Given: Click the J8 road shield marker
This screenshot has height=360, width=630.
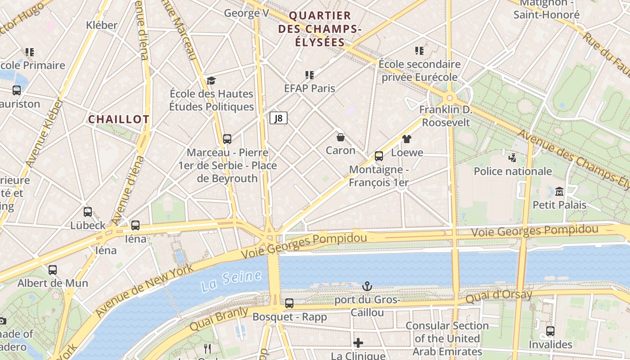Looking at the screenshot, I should (x=279, y=118).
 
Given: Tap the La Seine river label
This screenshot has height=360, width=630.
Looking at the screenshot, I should (x=231, y=280).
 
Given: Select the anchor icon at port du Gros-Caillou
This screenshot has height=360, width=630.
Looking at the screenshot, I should (x=367, y=286).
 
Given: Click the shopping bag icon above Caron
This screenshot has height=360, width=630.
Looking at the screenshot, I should (x=341, y=137).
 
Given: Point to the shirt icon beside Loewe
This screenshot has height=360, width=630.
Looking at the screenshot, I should (x=407, y=139).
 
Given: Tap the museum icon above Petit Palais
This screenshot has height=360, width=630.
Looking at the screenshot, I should (x=559, y=191).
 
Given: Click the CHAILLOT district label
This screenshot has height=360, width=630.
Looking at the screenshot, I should (x=119, y=119).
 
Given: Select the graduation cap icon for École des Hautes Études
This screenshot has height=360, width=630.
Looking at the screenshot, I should (x=211, y=81).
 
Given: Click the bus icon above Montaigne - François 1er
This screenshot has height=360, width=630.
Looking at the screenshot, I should (x=379, y=156).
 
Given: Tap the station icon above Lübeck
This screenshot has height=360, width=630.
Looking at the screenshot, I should (x=88, y=211).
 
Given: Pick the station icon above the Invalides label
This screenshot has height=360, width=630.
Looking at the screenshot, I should (x=550, y=331).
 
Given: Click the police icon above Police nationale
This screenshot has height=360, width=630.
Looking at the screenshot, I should (x=512, y=157).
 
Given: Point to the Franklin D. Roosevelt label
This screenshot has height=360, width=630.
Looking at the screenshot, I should (x=445, y=116).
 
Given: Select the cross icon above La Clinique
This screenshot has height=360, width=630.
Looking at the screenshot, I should (x=358, y=343).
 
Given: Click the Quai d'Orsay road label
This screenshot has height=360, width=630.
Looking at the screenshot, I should (x=499, y=297).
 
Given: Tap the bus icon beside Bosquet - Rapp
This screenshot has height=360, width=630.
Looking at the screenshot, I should (x=289, y=303).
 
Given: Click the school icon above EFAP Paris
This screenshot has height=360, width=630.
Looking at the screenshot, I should (x=309, y=75).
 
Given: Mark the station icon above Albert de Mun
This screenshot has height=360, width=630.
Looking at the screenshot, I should (x=53, y=270).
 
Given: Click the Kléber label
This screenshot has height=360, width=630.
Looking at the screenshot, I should (x=102, y=25).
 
